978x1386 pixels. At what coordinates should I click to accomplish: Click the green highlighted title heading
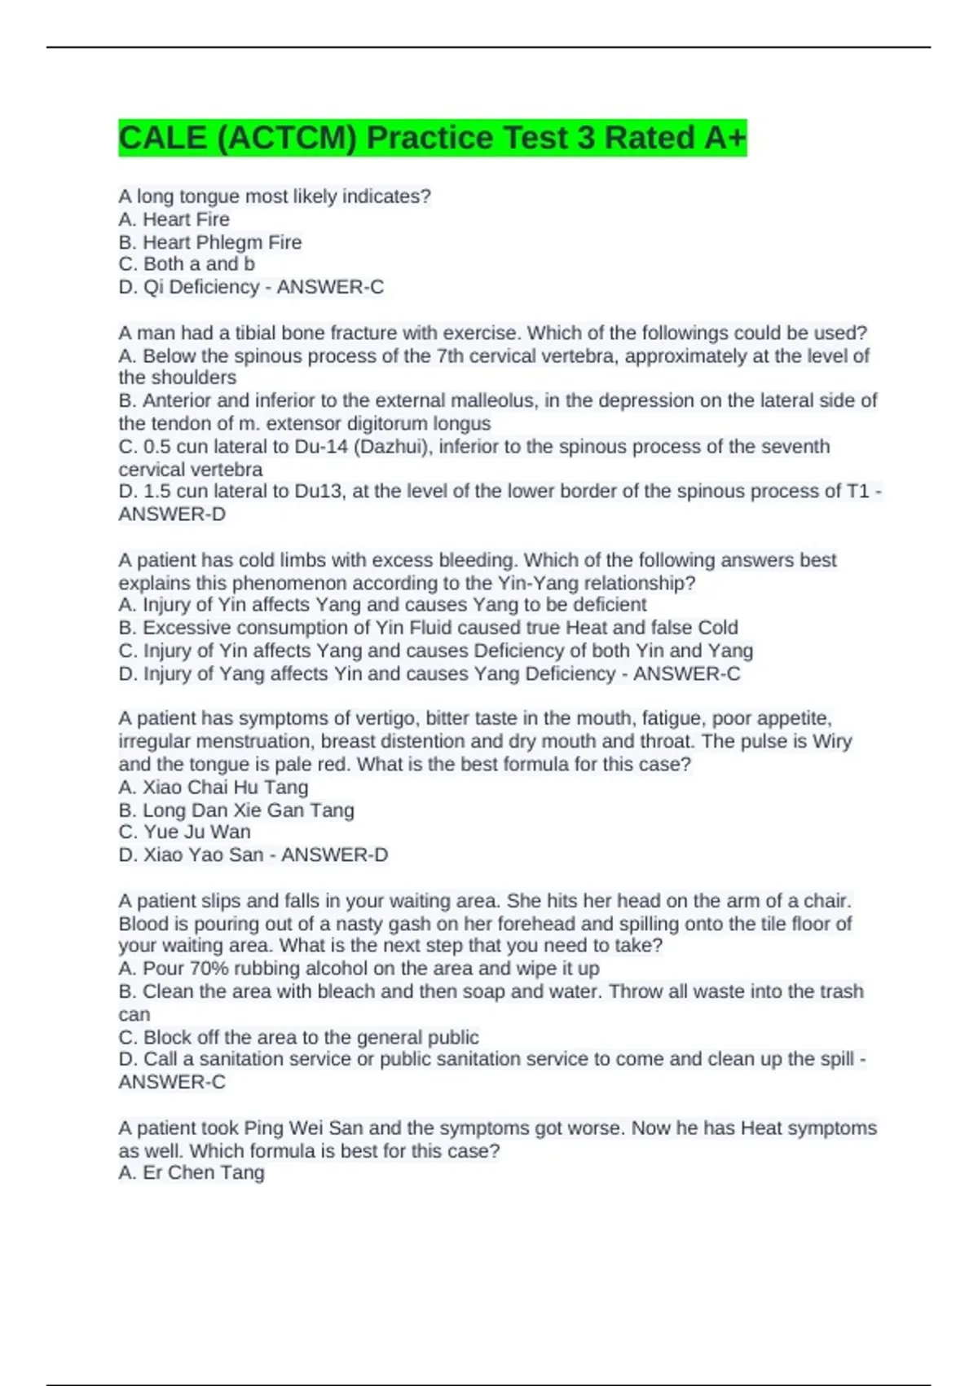click(x=432, y=138)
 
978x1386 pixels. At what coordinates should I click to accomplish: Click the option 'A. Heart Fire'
click(x=174, y=219)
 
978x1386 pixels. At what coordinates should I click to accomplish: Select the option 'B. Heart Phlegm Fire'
click(x=209, y=242)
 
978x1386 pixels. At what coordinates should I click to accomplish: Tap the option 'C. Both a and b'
click(x=187, y=264)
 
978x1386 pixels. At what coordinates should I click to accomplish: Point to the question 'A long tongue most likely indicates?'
click(x=275, y=196)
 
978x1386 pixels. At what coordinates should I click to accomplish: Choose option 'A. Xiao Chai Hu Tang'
click(x=214, y=788)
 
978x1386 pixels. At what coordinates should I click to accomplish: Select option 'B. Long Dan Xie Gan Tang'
click(x=236, y=810)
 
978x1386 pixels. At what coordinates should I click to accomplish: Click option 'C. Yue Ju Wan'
click(x=185, y=832)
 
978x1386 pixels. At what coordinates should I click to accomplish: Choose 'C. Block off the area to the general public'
click(x=298, y=1038)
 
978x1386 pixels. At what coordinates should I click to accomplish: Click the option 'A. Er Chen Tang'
click(x=192, y=1173)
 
